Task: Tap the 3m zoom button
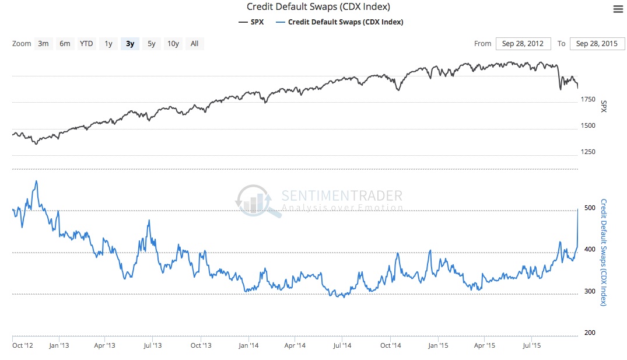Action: [x=43, y=43]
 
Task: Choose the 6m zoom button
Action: [x=65, y=43]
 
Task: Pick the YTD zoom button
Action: [x=86, y=43]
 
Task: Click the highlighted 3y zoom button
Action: [x=130, y=43]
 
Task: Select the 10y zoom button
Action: [x=173, y=43]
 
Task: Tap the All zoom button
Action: [x=194, y=43]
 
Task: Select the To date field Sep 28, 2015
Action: [x=596, y=44]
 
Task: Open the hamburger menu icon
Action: [x=618, y=9]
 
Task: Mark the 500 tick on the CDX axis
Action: [x=590, y=208]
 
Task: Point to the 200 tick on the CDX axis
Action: [x=590, y=333]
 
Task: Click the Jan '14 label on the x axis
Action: [x=249, y=345]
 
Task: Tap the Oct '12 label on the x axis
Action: [x=23, y=345]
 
